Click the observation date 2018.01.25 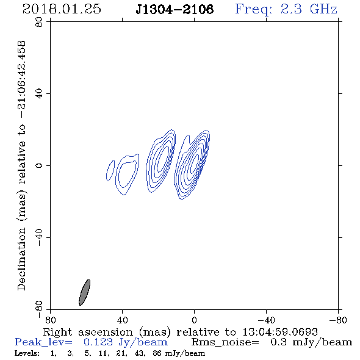62,9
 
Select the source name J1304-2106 175,9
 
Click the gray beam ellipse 84,292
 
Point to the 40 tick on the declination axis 39,94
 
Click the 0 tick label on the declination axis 39,165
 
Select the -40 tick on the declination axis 39,237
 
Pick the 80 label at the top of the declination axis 39,22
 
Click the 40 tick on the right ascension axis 123,320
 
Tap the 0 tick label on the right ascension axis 194,320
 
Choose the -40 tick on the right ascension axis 266,320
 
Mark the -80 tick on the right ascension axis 338,320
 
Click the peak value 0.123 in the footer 98,342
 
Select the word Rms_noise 225,342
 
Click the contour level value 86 157,353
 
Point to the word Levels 27,353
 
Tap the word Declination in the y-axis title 21,259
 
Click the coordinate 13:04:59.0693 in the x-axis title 280,332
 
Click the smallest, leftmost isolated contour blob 110,170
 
